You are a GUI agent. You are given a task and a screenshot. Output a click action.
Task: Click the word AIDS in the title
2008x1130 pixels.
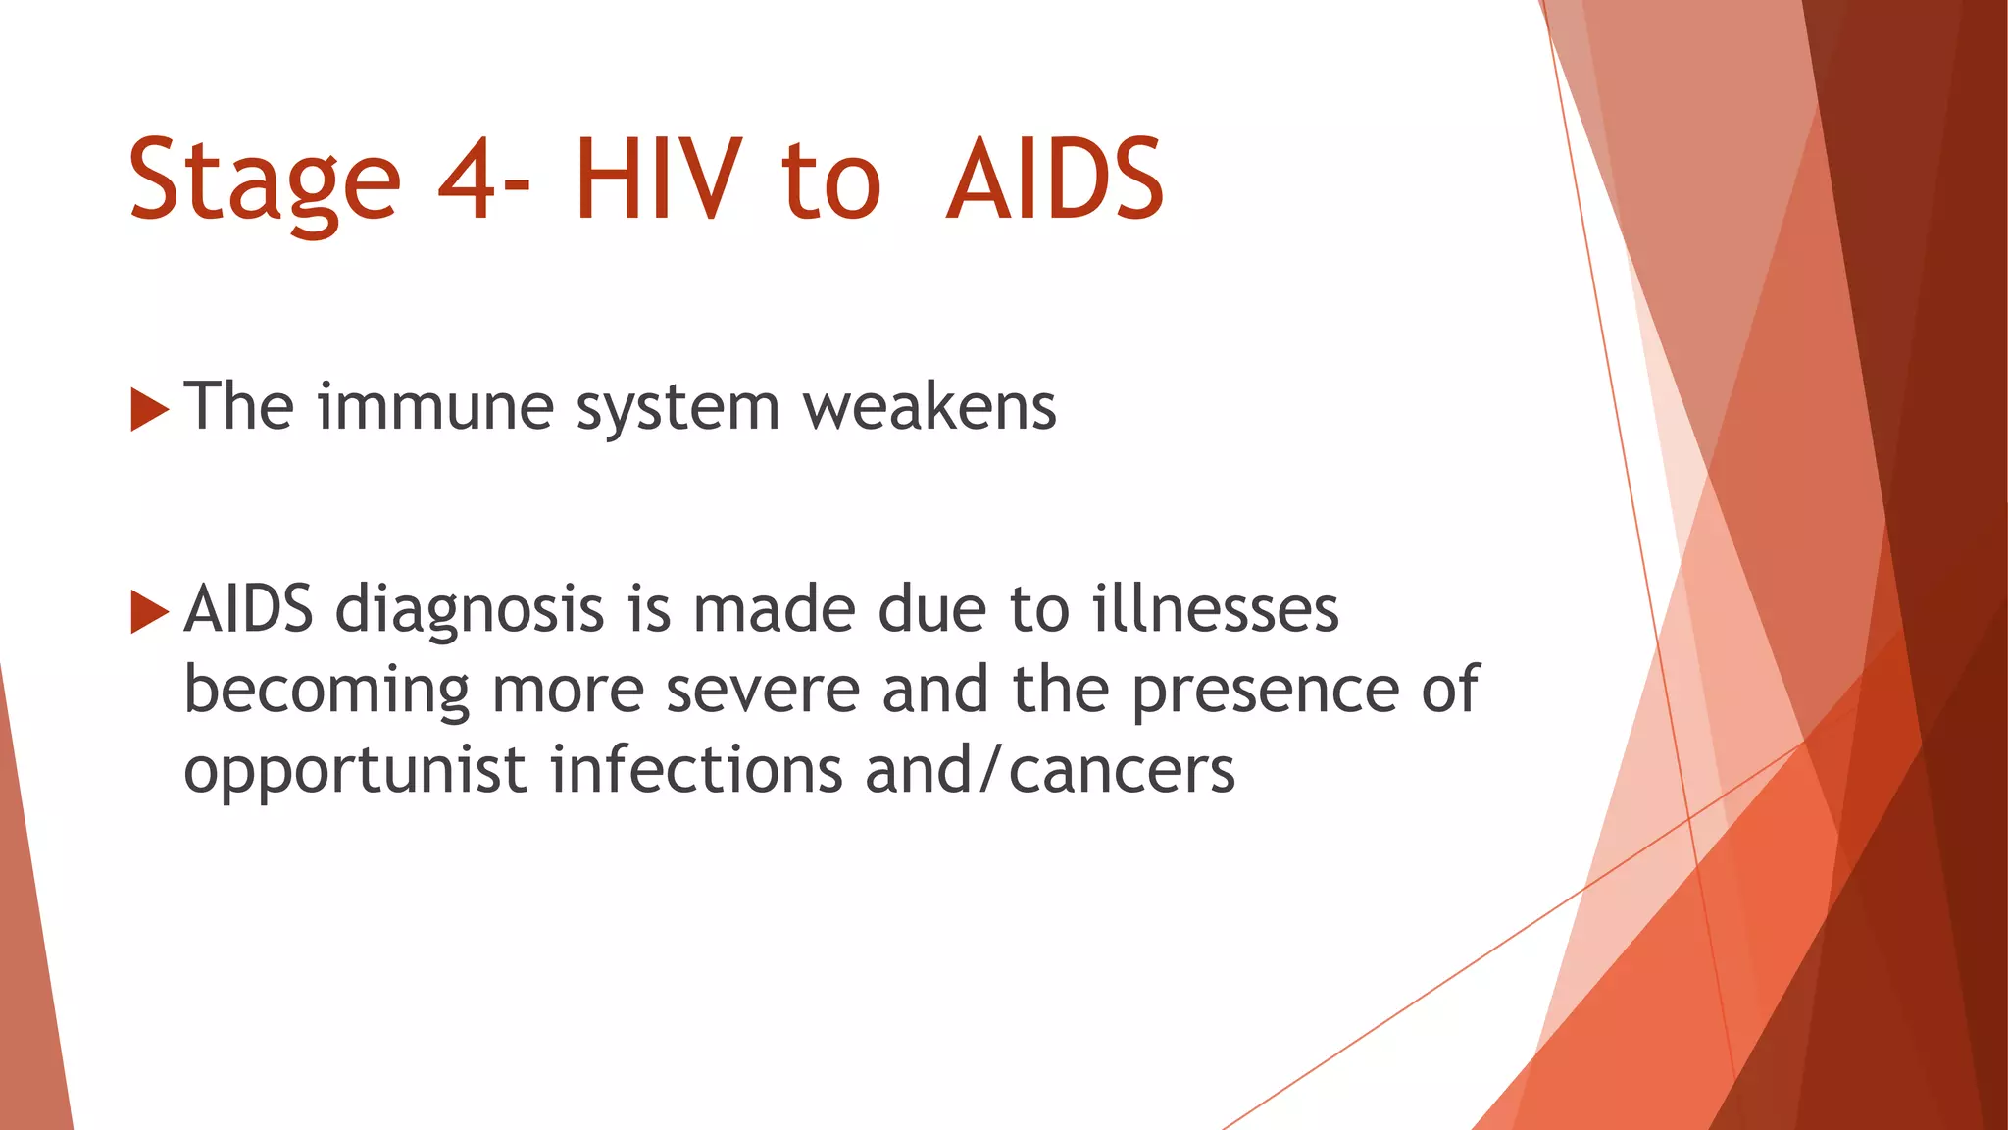point(1055,180)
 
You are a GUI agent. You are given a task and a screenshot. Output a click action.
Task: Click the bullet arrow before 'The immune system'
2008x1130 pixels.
point(149,409)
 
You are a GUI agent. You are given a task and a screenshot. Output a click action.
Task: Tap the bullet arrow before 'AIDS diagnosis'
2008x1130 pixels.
point(149,612)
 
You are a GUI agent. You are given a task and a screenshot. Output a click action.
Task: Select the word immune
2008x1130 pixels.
point(435,407)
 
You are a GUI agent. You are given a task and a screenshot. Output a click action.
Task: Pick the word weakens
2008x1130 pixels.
point(929,407)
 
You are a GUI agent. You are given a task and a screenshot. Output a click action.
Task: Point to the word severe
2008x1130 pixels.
point(763,691)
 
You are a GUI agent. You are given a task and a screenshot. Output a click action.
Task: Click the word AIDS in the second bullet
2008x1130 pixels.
point(248,609)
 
